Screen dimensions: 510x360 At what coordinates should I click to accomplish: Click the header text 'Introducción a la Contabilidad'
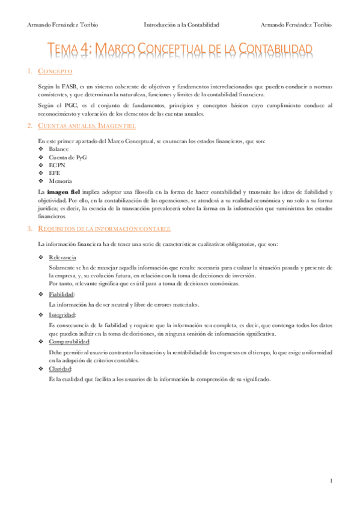[x=182, y=25]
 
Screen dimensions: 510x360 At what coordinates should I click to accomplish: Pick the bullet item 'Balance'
[x=58, y=149]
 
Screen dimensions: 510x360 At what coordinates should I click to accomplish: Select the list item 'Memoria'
[x=60, y=180]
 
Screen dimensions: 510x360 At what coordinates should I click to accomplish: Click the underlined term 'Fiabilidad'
[x=61, y=295]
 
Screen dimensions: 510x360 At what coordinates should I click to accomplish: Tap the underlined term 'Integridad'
[x=62, y=315]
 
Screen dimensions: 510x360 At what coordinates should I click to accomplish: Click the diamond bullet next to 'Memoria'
[x=40, y=180]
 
